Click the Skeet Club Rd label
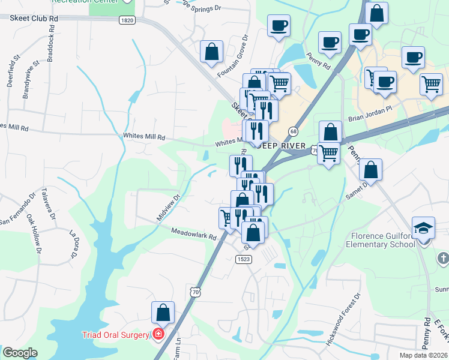(x=34, y=19)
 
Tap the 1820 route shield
(x=127, y=20)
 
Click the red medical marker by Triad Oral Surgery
(x=158, y=334)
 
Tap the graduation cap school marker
(x=423, y=228)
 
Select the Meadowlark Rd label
(x=193, y=234)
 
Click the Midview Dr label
(x=169, y=207)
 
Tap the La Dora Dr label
(x=74, y=244)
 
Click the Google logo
(x=20, y=353)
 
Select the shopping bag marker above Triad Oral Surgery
(x=163, y=312)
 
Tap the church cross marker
(x=442, y=258)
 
